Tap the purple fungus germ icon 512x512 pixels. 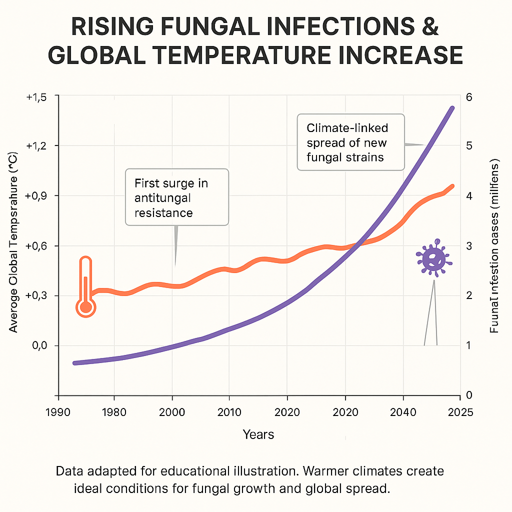click(x=433, y=258)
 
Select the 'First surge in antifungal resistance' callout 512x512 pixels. click(x=176, y=196)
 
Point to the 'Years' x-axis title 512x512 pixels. click(x=258, y=434)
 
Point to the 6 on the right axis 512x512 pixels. click(x=469, y=97)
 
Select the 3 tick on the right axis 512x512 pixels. click(x=469, y=246)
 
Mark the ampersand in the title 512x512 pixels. click(x=428, y=27)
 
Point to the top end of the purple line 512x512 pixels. click(x=452, y=108)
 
